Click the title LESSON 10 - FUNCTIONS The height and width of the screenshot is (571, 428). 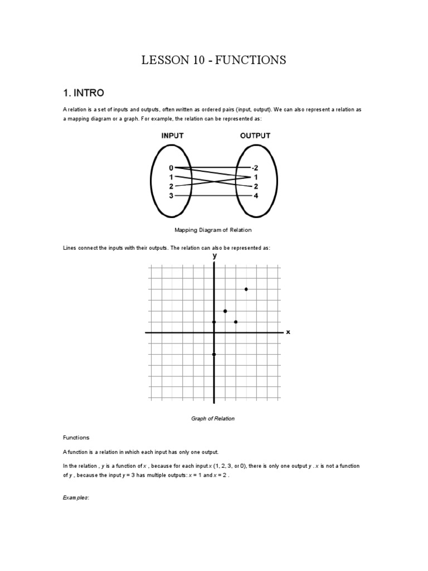[214, 60]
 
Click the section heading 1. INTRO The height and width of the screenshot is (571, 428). [83, 92]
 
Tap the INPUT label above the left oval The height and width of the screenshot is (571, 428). [173, 136]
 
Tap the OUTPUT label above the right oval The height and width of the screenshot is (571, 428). [255, 136]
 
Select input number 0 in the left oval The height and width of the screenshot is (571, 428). [171, 167]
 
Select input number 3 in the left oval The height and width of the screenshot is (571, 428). [171, 196]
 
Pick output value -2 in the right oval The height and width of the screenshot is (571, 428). [255, 167]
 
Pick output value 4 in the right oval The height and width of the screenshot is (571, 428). [256, 196]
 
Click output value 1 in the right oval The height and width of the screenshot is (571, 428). [256, 177]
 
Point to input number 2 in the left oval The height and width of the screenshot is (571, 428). [171, 186]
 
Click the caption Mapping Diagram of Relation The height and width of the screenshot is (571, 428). [213, 230]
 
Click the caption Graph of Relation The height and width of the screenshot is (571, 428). [213, 419]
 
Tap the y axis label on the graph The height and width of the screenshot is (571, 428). [214, 255]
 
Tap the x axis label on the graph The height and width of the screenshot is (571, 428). [288, 332]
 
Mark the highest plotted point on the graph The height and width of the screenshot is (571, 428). [246, 289]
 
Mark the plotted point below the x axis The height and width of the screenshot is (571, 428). [214, 354]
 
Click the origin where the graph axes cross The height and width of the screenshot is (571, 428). [214, 332]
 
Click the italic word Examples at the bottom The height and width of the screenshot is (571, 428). [76, 497]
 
